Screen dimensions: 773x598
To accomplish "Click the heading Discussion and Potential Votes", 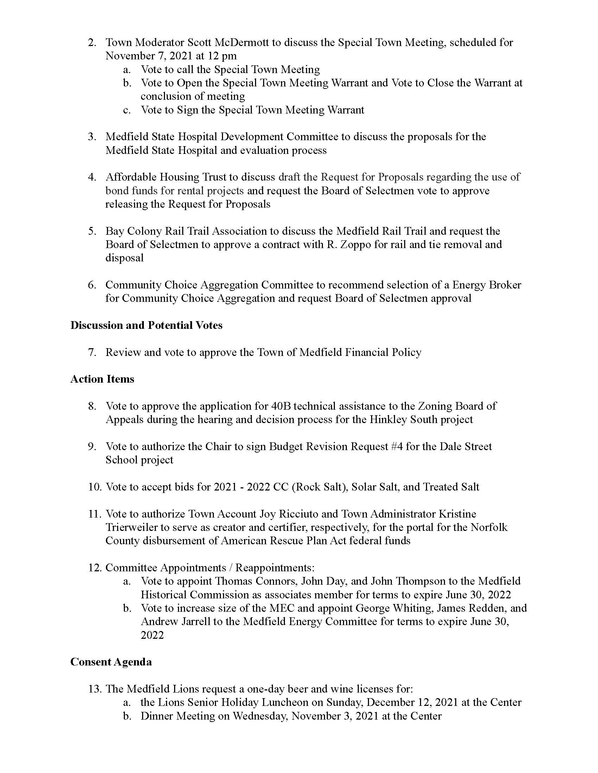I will point(146,325).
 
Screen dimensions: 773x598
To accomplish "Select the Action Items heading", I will point(102,379).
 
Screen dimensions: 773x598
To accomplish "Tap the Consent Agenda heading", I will point(111,662).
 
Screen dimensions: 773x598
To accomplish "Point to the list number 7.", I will point(92,352).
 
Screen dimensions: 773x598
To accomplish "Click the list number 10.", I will point(95,487).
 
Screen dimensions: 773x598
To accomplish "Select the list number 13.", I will point(95,689).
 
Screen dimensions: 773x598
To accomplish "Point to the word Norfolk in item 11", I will point(489,527).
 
